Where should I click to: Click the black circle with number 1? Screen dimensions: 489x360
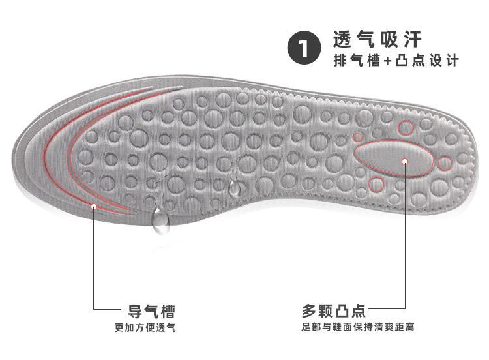[304, 48]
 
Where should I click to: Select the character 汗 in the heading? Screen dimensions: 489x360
[413, 40]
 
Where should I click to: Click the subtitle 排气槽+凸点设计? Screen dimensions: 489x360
[396, 61]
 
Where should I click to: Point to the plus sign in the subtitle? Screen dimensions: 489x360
[387, 61]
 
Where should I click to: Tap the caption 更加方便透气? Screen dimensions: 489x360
[145, 327]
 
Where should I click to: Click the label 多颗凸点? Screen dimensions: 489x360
[333, 309]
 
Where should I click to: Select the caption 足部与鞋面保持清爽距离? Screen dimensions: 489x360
[357, 327]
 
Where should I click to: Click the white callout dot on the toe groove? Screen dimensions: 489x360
[95, 207]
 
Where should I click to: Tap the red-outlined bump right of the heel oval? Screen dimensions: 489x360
[445, 163]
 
